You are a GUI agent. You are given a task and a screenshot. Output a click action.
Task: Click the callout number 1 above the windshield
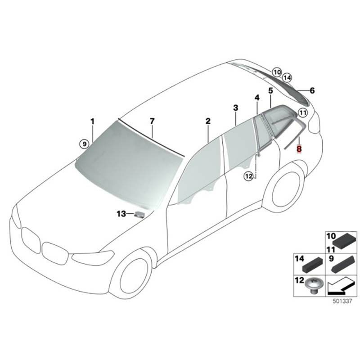93,121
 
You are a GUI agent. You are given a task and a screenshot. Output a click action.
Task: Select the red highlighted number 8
299,149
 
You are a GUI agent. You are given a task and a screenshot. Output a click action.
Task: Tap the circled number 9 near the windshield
85,144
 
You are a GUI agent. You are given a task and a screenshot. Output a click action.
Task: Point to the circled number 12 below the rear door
249,176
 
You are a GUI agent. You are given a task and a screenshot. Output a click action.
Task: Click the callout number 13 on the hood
121,214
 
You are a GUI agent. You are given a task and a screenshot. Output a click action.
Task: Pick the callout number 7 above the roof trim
152,121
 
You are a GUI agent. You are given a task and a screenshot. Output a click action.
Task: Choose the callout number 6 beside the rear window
312,90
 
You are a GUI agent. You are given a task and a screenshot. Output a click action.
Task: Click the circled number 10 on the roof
277,72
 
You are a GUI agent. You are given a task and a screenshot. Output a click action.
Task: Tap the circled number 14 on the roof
287,78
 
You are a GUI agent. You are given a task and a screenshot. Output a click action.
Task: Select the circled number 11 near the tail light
303,113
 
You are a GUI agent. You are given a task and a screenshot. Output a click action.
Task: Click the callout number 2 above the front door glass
208,121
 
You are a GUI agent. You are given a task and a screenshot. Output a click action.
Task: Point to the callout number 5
271,91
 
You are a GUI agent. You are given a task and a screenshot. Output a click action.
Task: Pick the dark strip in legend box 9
343,264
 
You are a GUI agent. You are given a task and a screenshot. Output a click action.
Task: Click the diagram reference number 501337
342,301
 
